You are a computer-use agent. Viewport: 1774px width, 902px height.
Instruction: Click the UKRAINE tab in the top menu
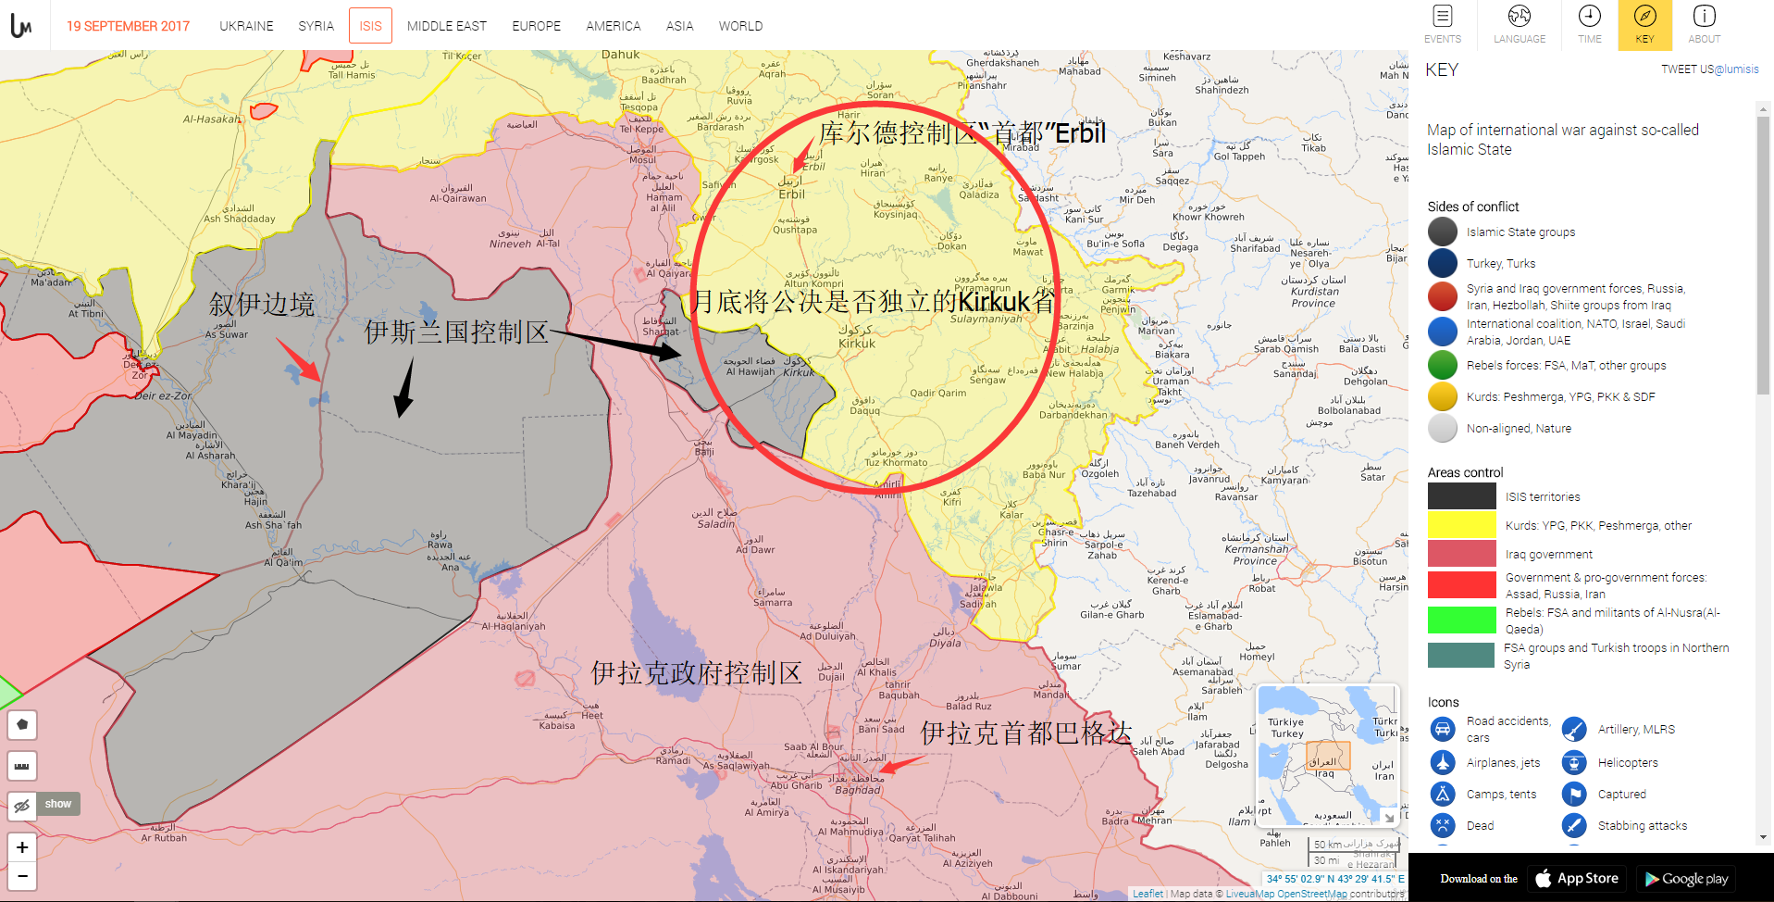(246, 26)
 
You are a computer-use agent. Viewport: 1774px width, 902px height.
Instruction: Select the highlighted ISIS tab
(370, 26)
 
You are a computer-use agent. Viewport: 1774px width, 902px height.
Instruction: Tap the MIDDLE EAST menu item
(446, 26)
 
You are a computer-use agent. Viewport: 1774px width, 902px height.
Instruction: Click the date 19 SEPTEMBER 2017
(128, 26)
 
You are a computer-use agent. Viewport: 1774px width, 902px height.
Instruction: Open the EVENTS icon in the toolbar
(1442, 24)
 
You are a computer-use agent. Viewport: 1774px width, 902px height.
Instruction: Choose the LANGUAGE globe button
(1519, 24)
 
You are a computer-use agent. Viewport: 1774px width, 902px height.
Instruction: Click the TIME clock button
(1589, 24)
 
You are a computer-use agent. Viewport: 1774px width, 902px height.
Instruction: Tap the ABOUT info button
(1704, 24)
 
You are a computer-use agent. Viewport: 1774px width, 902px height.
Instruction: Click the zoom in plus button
(22, 847)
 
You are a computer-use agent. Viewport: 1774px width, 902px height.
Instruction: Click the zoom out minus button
(22, 875)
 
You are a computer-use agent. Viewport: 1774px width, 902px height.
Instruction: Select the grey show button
(58, 804)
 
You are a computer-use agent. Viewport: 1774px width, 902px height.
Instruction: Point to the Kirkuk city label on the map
(857, 343)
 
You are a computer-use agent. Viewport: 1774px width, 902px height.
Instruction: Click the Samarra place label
(773, 602)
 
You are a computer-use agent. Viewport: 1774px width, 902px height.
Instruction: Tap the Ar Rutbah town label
(164, 838)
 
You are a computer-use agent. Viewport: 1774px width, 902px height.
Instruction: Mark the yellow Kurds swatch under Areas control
(1461, 525)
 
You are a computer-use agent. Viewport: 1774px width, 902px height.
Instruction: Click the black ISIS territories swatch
(1461, 496)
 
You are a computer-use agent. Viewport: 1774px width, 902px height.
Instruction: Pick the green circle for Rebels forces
(1442, 365)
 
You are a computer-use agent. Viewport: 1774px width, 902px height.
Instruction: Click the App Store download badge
(1577, 878)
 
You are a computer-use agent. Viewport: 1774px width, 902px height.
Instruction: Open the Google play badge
(1685, 878)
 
